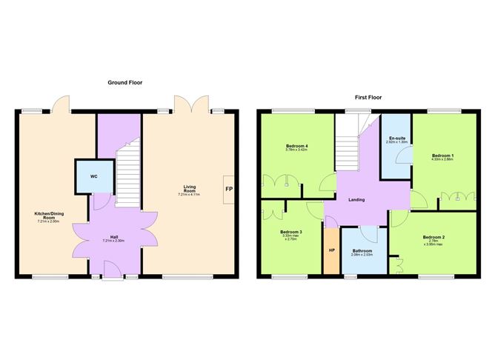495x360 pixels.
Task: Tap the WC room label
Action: click(x=93, y=176)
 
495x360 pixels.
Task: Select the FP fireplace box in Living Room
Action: click(x=228, y=189)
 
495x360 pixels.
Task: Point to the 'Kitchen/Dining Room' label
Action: click(x=47, y=216)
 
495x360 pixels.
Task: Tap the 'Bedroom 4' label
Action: click(x=296, y=145)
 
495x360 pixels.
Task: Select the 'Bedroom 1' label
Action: click(x=443, y=155)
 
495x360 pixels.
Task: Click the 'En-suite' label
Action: click(x=396, y=138)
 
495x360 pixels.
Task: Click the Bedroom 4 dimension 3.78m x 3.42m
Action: click(x=296, y=150)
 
